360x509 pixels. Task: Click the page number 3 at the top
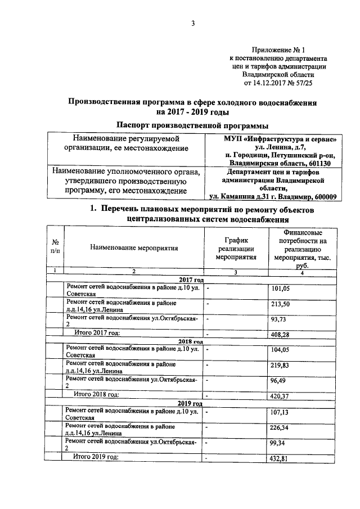click(192, 23)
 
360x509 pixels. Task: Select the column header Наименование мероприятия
click(133, 247)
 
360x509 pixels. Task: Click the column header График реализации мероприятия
click(236, 247)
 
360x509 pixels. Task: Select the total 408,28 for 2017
click(280, 335)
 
